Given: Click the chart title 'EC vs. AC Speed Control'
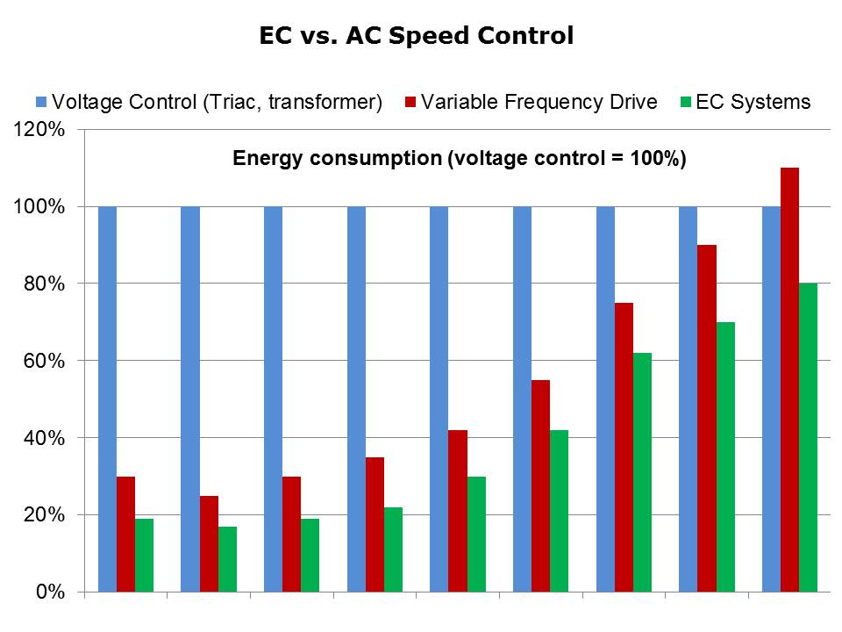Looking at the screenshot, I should [x=417, y=36].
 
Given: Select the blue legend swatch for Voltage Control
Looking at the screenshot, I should [x=41, y=102].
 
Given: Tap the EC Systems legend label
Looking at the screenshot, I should [x=753, y=102].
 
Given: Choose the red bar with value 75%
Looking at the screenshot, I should [x=624, y=447].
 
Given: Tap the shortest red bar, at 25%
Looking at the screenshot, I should [x=209, y=543].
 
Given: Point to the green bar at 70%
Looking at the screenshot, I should [x=725, y=456].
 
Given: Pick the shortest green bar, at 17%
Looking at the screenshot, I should [x=227, y=559].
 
